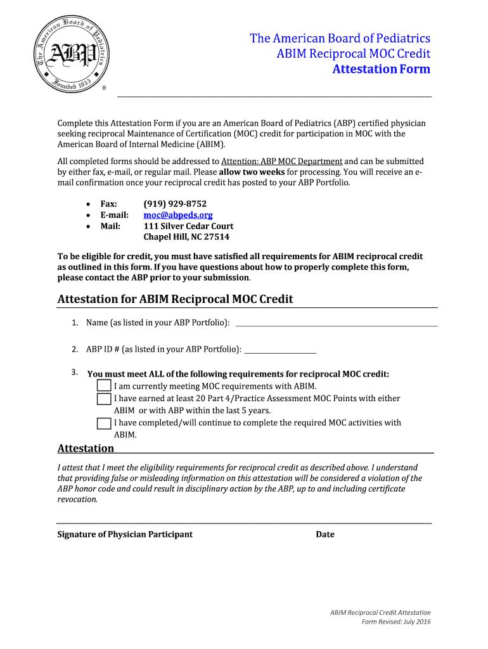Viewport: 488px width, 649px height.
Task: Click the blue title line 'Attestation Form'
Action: [381, 69]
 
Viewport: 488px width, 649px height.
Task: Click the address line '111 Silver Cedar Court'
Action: [188, 226]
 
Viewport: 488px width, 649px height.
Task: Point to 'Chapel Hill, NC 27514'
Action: [186, 237]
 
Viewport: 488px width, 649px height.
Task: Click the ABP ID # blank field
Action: [279, 350]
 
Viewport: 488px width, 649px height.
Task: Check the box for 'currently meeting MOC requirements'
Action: [104, 386]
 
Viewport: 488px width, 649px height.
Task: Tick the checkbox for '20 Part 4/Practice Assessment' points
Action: [104, 399]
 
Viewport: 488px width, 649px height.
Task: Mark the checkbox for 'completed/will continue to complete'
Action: [104, 423]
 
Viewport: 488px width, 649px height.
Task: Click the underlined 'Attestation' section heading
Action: [86, 449]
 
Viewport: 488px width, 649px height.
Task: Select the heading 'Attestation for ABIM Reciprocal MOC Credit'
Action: [175, 299]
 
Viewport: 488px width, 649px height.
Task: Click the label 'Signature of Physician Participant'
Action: [125, 534]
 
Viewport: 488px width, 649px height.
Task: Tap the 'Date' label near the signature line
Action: [325, 534]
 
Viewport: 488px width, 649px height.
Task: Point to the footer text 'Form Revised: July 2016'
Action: [395, 622]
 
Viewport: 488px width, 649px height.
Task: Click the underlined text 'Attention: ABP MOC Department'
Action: [281, 161]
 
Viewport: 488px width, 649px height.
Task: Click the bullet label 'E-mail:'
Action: [115, 215]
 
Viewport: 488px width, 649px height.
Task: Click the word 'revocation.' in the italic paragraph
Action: [77, 499]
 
